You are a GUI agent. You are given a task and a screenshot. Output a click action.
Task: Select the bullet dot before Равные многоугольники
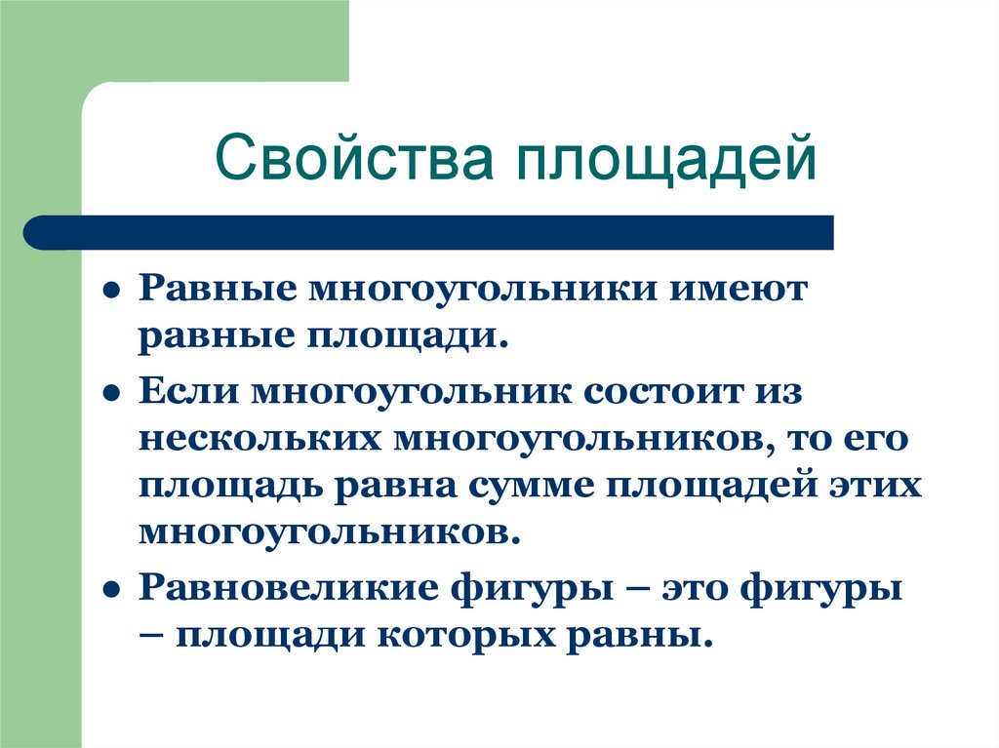coord(113,293)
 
